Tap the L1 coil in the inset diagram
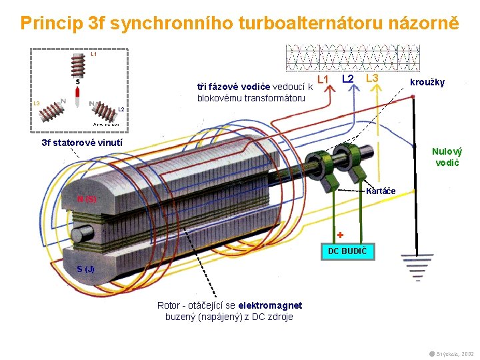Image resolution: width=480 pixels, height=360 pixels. pyautogui.click(x=79, y=65)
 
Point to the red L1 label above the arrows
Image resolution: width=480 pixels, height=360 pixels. pyautogui.click(x=324, y=79)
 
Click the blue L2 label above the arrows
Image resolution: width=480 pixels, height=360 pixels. pyautogui.click(x=347, y=79)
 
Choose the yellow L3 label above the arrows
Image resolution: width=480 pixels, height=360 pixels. pyautogui.click(x=372, y=79)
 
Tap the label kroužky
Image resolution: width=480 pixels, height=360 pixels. pyautogui.click(x=427, y=82)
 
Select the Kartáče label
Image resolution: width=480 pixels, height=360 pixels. pyautogui.click(x=381, y=191)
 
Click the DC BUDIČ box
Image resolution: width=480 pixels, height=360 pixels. pyautogui.click(x=347, y=251)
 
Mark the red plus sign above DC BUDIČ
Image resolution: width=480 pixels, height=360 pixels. pyautogui.click(x=339, y=235)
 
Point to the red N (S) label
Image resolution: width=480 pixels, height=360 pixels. pyautogui.click(x=87, y=199)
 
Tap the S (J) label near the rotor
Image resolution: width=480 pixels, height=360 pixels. pyautogui.click(x=85, y=269)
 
